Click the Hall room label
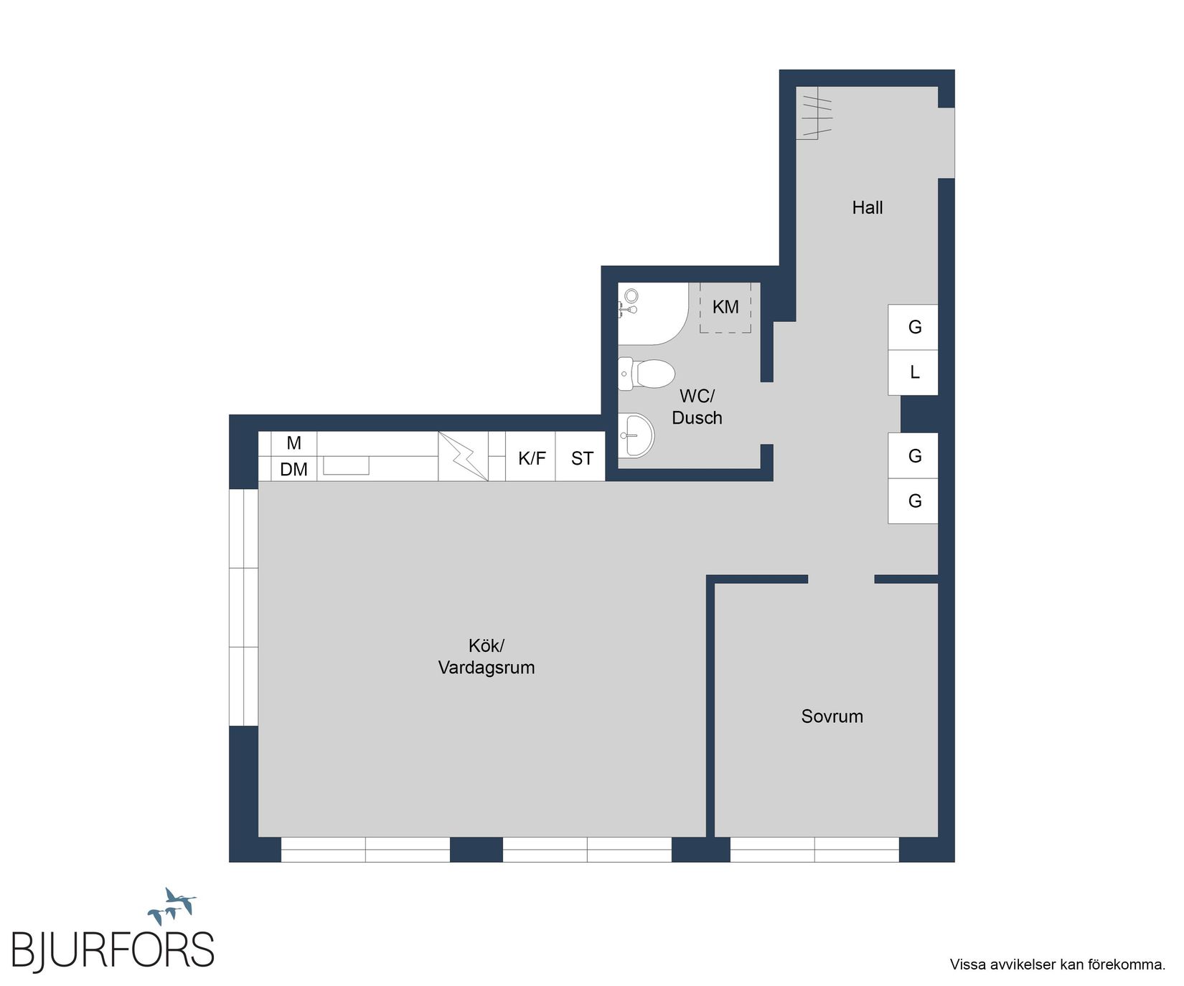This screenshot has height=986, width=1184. pos(867,208)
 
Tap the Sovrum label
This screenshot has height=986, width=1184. pos(832,716)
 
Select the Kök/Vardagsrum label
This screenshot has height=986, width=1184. pos(487,657)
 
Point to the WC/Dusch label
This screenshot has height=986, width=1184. pos(697,407)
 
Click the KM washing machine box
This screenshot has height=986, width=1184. pos(725,307)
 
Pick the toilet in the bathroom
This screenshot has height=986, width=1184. pos(646,374)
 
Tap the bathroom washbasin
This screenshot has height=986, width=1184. pos(636,435)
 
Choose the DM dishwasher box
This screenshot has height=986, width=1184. pos(293,469)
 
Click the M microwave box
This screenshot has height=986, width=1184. pos(293,443)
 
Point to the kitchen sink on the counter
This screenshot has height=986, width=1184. pos(346,465)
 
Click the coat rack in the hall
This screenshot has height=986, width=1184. pos(815,113)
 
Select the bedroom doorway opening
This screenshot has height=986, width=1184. pos(841,579)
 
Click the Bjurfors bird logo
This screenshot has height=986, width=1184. pos(172,906)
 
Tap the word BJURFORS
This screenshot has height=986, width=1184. pos(113,950)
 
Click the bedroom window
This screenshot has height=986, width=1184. pos(814,849)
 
